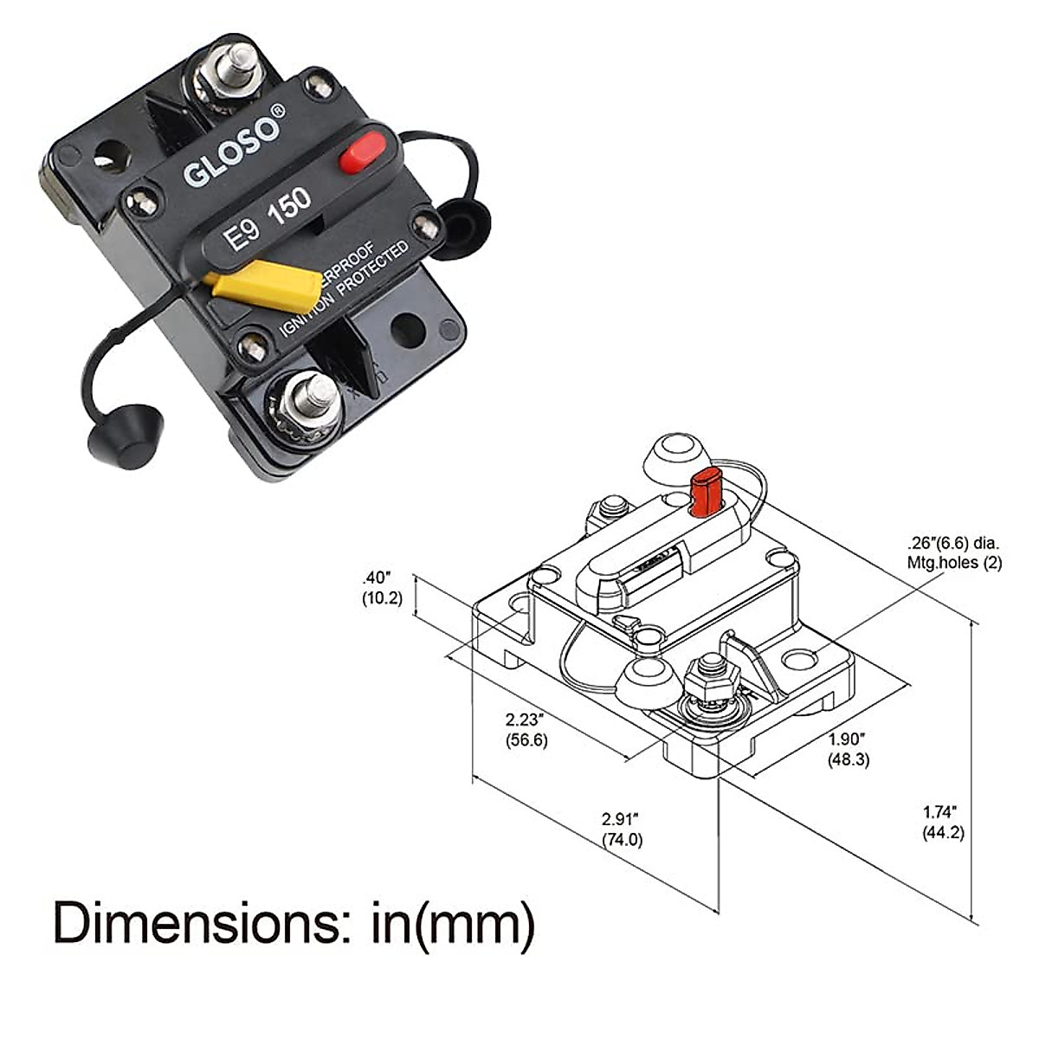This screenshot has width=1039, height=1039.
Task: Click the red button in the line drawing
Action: pos(706,490)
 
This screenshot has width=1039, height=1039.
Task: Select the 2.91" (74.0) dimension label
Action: pos(622,829)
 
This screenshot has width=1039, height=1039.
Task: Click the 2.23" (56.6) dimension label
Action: pos(526,729)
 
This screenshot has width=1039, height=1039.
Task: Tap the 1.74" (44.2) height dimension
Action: pos(942,823)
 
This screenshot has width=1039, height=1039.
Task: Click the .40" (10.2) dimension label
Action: pos(382,588)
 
